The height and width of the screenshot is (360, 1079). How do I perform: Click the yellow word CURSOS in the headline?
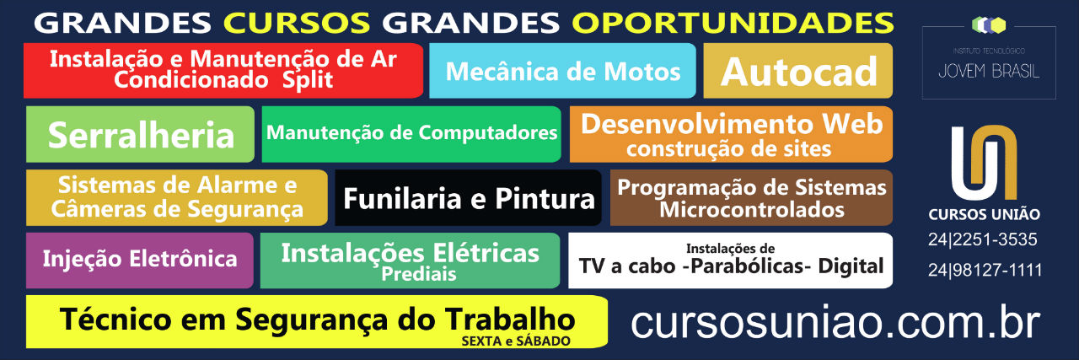click(297, 23)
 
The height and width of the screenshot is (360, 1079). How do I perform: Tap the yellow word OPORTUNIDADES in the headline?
click(733, 23)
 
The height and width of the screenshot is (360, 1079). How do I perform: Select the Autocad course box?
click(798, 71)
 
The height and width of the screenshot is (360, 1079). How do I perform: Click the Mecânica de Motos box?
click(562, 71)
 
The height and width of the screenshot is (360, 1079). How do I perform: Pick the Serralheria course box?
click(140, 134)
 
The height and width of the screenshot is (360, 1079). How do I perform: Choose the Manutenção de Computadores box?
click(411, 134)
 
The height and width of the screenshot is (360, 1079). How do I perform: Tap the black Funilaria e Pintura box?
click(468, 197)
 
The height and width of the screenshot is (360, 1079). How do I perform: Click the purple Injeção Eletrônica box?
click(140, 261)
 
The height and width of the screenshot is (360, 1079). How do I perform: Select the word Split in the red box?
click(308, 80)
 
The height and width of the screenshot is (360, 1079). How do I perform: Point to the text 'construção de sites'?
click(729, 148)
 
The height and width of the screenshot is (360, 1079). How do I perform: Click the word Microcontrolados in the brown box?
click(752, 210)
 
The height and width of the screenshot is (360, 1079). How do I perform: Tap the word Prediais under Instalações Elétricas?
click(419, 274)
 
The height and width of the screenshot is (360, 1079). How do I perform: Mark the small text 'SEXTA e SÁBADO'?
click(516, 341)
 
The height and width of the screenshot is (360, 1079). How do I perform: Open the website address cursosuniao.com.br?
click(835, 322)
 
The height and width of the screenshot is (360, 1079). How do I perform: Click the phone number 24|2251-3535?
click(983, 239)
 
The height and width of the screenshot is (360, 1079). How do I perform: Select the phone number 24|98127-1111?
click(985, 270)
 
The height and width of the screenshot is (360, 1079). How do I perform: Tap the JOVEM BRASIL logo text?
click(989, 72)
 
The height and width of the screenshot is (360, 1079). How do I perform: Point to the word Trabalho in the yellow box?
click(510, 319)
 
